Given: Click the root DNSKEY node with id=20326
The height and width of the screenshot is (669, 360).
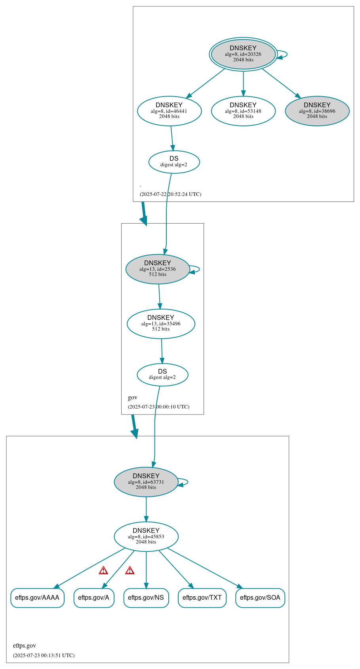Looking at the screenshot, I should pyautogui.click(x=243, y=54).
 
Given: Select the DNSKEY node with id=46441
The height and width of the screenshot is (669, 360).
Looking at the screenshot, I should pyautogui.click(x=169, y=111).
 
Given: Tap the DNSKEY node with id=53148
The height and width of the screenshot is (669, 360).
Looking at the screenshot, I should pyautogui.click(x=243, y=111).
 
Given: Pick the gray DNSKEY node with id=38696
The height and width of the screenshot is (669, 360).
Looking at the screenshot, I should pyautogui.click(x=317, y=111).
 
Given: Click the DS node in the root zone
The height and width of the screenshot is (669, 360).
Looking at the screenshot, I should pyautogui.click(x=174, y=162).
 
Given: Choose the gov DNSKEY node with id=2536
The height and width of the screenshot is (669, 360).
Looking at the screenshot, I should pyautogui.click(x=158, y=269).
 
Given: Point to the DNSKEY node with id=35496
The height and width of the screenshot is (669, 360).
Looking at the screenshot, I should pyautogui.click(x=161, y=324).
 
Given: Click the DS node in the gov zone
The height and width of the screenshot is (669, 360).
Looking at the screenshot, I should pyautogui.click(x=162, y=374).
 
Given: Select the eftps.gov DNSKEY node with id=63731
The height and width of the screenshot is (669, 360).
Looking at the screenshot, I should pyautogui.click(x=146, y=482).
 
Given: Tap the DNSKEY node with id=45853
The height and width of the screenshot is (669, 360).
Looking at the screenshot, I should pyautogui.click(x=146, y=537).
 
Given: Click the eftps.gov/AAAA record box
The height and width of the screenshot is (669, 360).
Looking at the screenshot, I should pyautogui.click(x=37, y=598).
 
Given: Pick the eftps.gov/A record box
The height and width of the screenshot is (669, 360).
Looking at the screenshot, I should pyautogui.click(x=94, y=598).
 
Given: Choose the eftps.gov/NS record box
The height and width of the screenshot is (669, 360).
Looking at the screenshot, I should pyautogui.click(x=146, y=598).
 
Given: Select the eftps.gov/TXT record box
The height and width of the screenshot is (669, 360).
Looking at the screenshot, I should pyautogui.click(x=202, y=598).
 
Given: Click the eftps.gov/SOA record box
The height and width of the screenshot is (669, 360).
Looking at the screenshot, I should pyautogui.click(x=260, y=598).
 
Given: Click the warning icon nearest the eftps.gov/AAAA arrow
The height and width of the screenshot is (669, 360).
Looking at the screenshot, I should pyautogui.click(x=103, y=570).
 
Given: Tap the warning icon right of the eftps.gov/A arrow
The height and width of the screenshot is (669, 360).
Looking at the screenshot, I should pyautogui.click(x=130, y=570).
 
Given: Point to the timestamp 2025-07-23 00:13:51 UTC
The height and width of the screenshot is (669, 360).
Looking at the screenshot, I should pyautogui.click(x=44, y=655).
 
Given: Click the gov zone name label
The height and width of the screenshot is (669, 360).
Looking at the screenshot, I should pyautogui.click(x=133, y=397).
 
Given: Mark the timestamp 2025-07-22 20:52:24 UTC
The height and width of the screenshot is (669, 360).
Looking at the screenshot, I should pyautogui.click(x=170, y=194).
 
